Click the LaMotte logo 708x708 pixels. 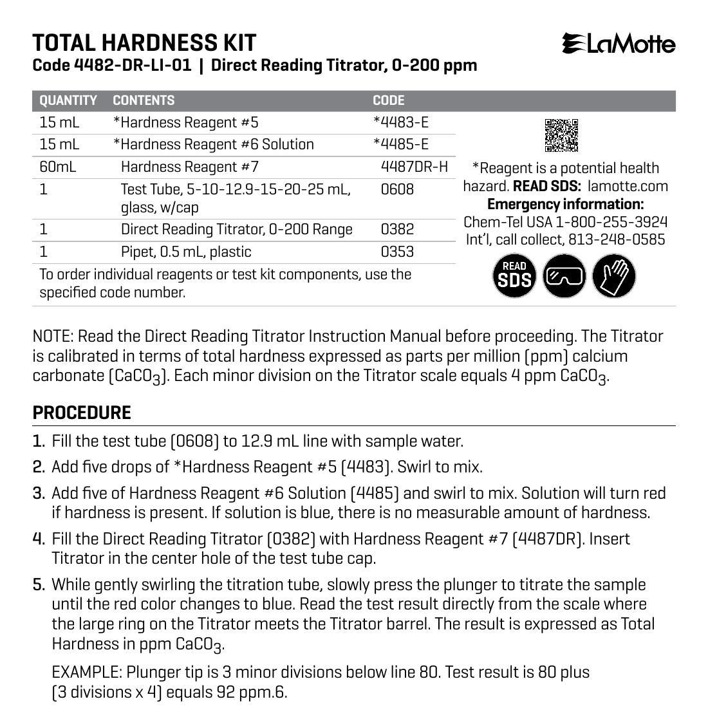[619, 44]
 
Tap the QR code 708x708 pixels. [562, 135]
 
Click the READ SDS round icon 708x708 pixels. [514, 276]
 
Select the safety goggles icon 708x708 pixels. [564, 276]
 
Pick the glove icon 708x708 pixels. [613, 276]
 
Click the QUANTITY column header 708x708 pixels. [68, 100]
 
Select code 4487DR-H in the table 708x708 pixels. [414, 167]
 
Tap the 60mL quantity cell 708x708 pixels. [58, 167]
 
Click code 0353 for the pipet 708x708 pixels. [397, 252]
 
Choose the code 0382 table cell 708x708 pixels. [397, 229]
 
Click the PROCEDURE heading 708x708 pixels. [82, 413]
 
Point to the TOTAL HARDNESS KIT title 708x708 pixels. [144, 43]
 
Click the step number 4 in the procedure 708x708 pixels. [39, 538]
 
